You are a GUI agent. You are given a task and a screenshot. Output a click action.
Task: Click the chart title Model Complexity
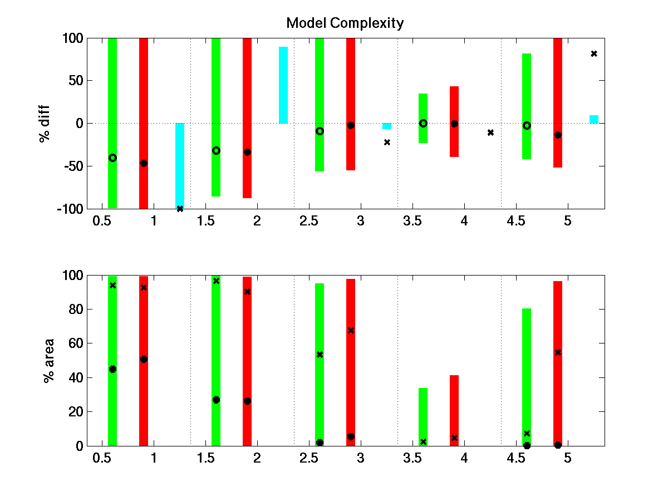(345, 23)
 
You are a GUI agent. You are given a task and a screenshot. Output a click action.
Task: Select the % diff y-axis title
(45, 123)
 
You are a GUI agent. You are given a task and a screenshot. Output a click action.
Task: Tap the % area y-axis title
(49, 360)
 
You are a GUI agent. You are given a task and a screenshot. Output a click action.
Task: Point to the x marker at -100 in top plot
(180, 209)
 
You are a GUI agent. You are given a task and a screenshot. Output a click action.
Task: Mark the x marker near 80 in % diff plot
(594, 53)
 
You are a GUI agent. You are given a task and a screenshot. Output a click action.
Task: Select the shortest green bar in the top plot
(423, 118)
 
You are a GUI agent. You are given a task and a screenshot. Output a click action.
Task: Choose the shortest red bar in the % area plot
(454, 410)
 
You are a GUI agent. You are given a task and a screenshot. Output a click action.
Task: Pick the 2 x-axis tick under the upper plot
(257, 221)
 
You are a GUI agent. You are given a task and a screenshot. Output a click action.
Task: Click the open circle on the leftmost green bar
(112, 158)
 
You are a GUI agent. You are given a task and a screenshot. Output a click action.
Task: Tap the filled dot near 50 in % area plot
(144, 359)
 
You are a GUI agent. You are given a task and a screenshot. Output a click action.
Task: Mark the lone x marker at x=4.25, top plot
(490, 132)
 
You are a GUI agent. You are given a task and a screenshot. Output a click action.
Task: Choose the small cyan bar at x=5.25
(594, 119)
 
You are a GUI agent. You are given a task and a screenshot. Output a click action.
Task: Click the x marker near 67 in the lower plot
(351, 331)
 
